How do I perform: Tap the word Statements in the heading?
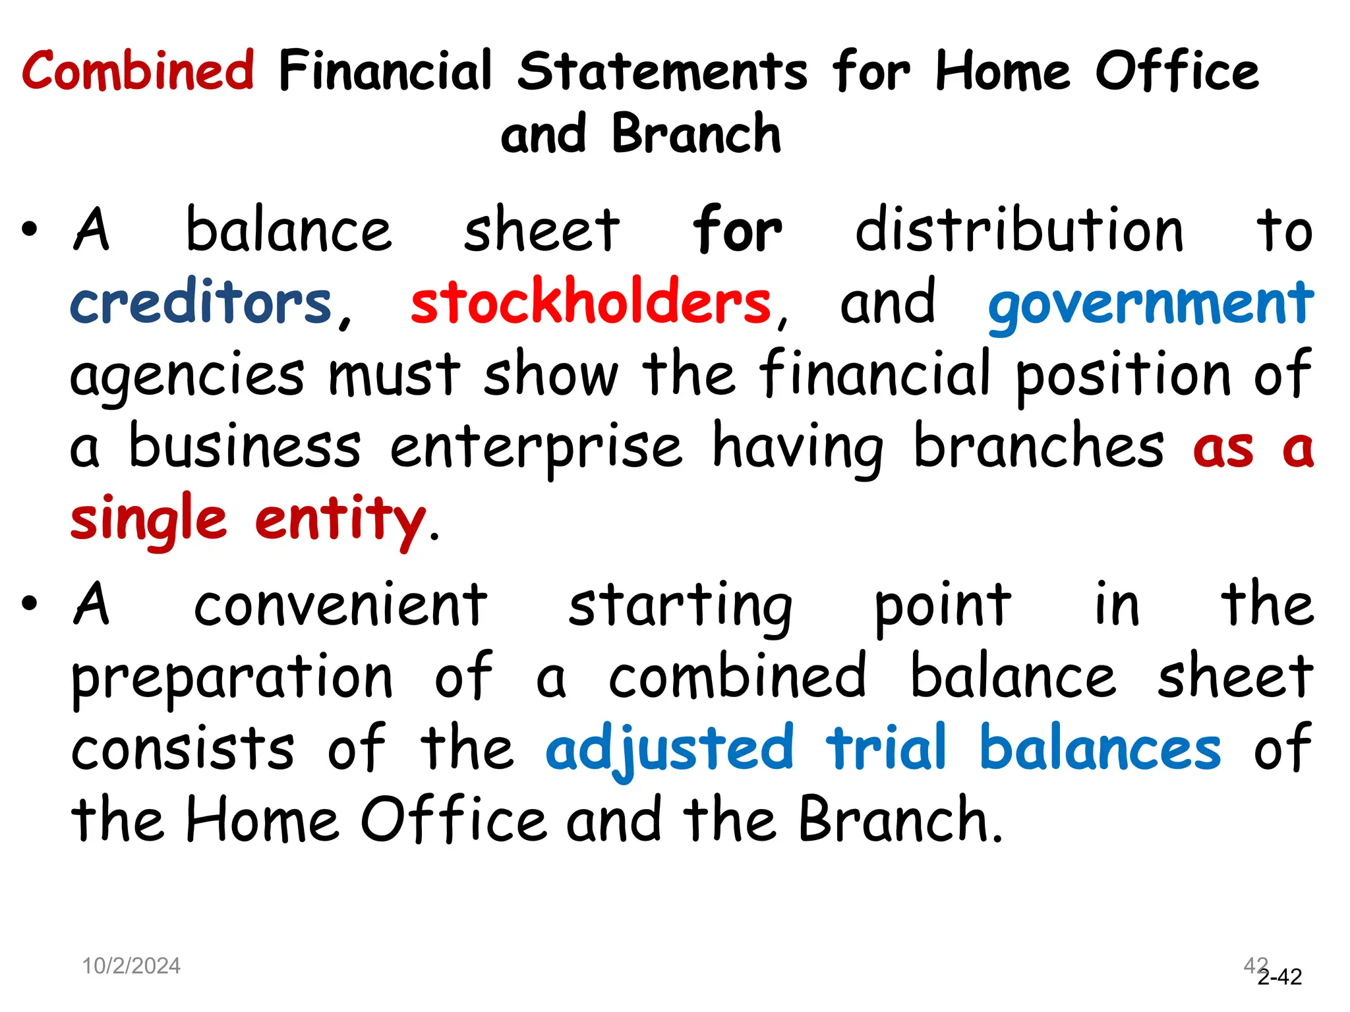click(x=662, y=71)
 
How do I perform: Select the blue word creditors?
click(x=201, y=302)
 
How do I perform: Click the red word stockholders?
click(x=591, y=302)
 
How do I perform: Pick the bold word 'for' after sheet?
click(x=737, y=230)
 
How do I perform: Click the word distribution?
click(x=1018, y=230)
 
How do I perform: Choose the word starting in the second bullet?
click(x=680, y=606)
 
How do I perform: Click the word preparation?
click(x=232, y=679)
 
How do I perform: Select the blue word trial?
click(x=886, y=747)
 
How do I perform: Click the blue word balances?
click(x=1100, y=748)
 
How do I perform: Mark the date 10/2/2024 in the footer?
click(x=131, y=966)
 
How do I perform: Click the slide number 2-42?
click(x=1279, y=976)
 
